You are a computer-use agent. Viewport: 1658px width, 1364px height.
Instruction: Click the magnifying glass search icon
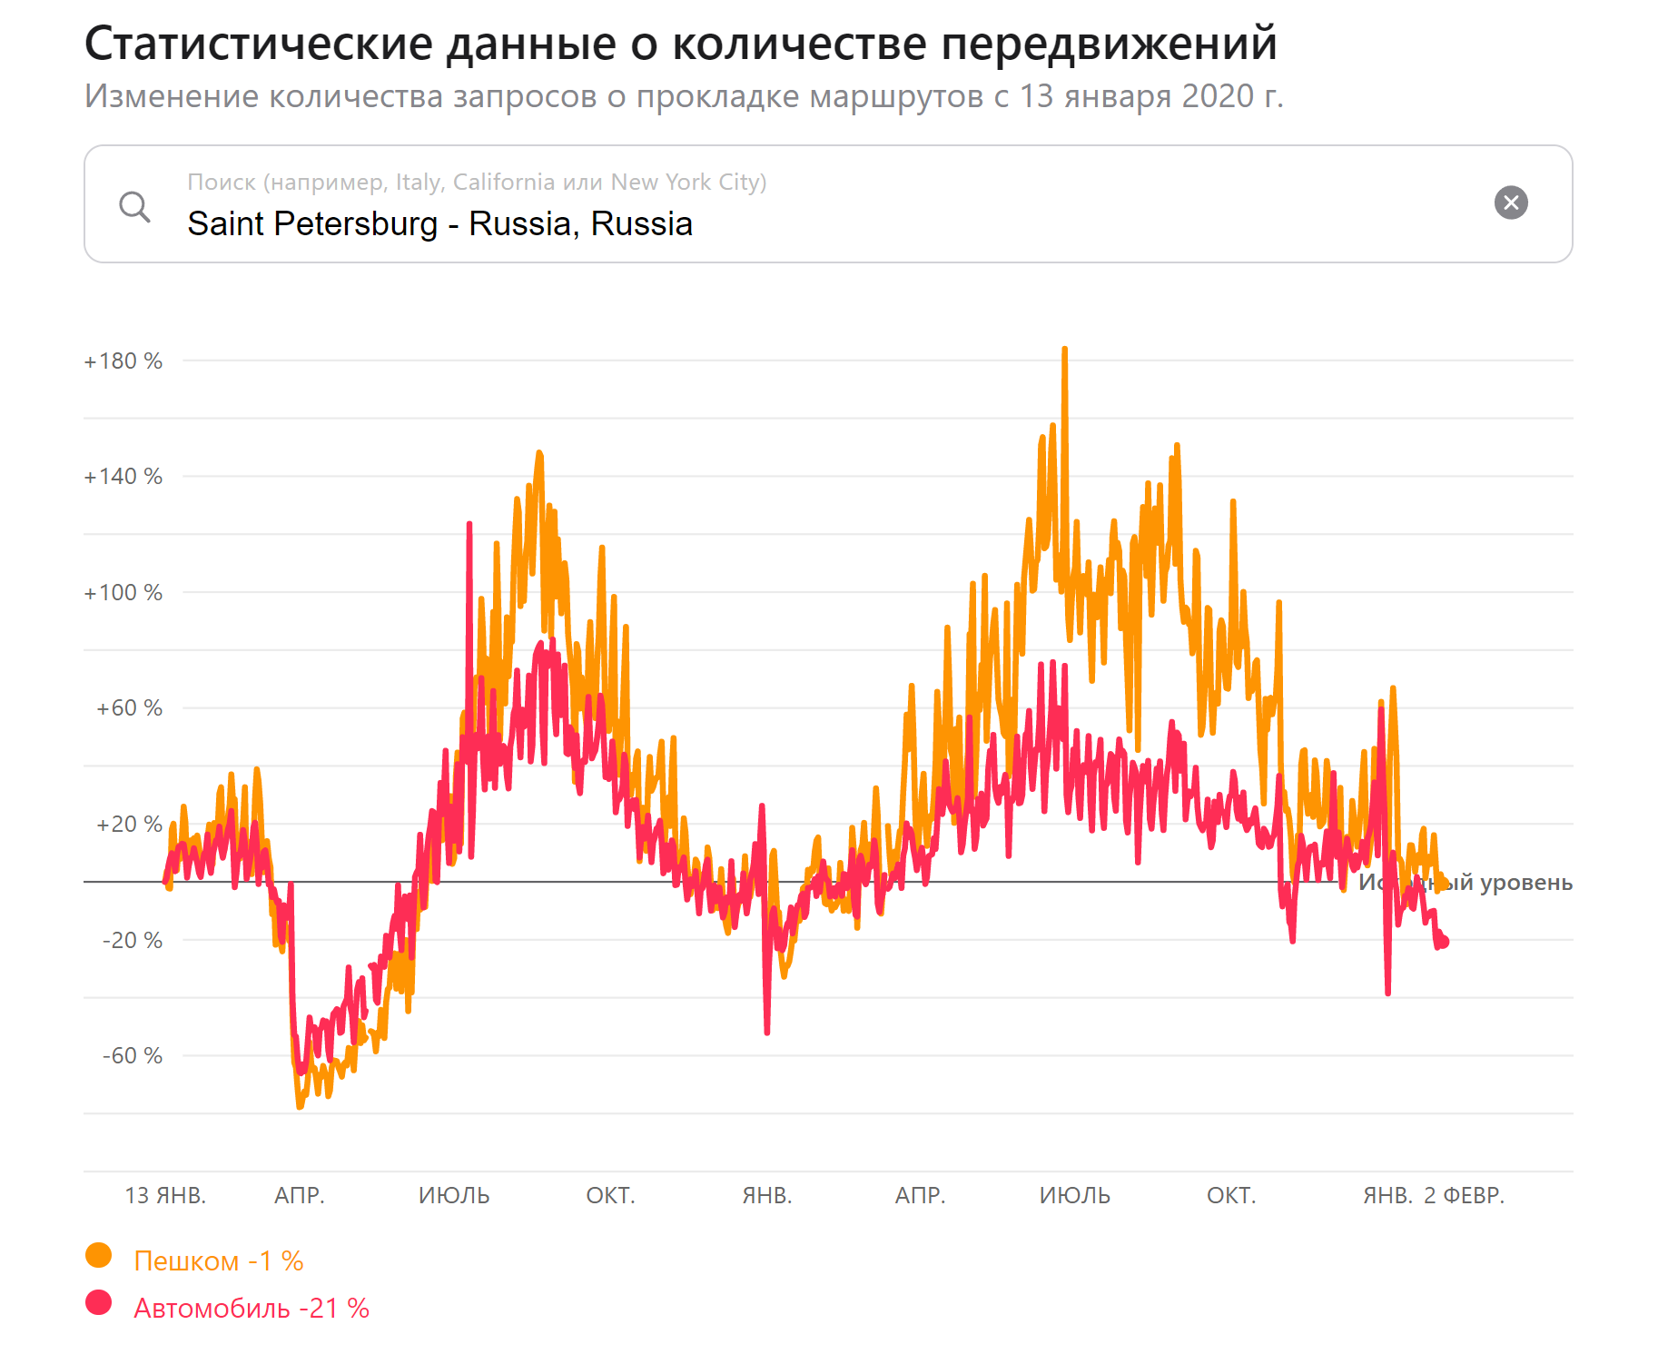coord(134,206)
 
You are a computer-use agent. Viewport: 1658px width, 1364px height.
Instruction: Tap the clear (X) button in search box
coord(1511,203)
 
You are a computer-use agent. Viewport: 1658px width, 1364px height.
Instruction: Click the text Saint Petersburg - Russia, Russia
coord(439,223)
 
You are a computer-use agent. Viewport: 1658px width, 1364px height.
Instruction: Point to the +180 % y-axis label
coord(123,361)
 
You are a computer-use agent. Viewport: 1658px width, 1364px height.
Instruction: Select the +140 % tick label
coord(123,477)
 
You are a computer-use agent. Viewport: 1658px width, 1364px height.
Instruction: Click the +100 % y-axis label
coord(123,593)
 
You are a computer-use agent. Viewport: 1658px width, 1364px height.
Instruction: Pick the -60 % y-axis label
coord(132,1055)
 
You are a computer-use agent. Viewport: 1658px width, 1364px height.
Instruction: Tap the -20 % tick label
coord(132,940)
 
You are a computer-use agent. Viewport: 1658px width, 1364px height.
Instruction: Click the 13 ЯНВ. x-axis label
coord(165,1195)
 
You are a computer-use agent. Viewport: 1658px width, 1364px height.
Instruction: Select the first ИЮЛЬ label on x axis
coord(454,1195)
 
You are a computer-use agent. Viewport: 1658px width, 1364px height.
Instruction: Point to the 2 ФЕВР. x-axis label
coord(1464,1195)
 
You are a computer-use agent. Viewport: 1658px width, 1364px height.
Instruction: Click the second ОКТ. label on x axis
coord(1231,1195)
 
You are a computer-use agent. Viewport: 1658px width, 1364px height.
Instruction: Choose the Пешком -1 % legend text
coord(218,1260)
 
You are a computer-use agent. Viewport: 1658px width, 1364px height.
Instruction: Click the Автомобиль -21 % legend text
coord(251,1308)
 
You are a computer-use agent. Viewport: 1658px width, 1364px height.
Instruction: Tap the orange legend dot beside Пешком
coord(98,1256)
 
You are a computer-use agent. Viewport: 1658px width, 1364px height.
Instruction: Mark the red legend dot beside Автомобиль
coord(98,1303)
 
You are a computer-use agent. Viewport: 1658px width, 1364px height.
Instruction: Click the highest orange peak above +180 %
coord(1064,350)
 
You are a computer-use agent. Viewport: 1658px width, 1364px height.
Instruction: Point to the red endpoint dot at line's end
coord(1444,942)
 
